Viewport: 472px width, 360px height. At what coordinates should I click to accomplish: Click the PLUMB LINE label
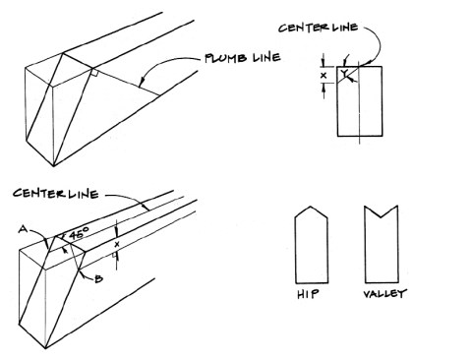pyautogui.click(x=243, y=58)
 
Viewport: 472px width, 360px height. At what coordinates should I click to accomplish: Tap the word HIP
pyautogui.click(x=308, y=294)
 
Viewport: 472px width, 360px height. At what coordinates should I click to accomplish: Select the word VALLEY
pyautogui.click(x=384, y=293)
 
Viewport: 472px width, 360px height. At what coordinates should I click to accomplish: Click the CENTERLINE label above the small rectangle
pyautogui.click(x=318, y=28)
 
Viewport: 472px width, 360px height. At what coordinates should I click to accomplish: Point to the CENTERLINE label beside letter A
pyautogui.click(x=56, y=193)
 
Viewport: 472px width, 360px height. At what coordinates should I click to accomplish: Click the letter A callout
pyautogui.click(x=23, y=229)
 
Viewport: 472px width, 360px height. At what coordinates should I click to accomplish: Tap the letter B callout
pyautogui.click(x=98, y=279)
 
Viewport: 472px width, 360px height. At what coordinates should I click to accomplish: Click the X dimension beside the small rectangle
pyautogui.click(x=324, y=76)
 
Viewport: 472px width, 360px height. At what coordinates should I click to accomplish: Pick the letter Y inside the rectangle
pyautogui.click(x=343, y=74)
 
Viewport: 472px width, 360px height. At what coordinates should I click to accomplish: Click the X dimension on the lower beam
pyautogui.click(x=117, y=244)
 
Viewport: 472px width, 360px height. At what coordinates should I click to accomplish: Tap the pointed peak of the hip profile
pyautogui.click(x=311, y=207)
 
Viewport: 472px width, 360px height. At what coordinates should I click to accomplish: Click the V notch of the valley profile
pyautogui.click(x=381, y=217)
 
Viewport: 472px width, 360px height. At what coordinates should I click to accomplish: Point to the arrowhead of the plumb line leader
pyautogui.click(x=140, y=85)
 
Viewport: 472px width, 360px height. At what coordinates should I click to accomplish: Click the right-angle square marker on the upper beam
pyautogui.click(x=94, y=73)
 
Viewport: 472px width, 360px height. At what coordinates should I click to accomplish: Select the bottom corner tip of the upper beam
pyautogui.click(x=53, y=166)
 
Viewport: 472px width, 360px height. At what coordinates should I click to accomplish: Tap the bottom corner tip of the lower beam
pyautogui.click(x=45, y=348)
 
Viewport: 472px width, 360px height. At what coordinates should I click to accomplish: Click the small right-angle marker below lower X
pyautogui.click(x=114, y=255)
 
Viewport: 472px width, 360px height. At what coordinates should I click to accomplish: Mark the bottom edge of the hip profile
pyautogui.click(x=312, y=282)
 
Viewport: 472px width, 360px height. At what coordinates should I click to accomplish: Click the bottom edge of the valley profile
pyautogui.click(x=382, y=282)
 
